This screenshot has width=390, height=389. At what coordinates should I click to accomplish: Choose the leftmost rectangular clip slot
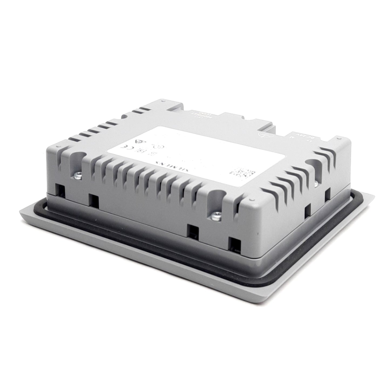(60, 189)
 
